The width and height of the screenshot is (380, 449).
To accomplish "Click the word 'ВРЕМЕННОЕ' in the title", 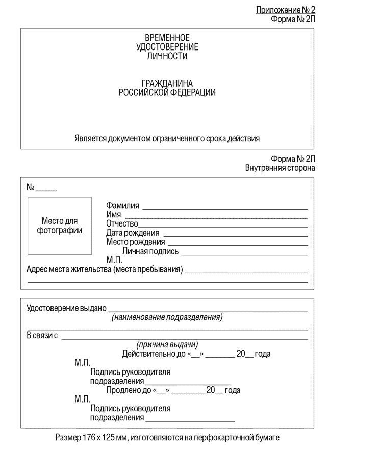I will click(167, 38).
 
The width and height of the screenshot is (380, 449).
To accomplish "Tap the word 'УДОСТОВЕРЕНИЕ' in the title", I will click(167, 47).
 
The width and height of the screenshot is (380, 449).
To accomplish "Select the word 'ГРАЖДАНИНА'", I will click(167, 84).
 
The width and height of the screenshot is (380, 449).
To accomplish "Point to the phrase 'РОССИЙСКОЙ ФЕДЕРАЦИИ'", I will click(167, 93).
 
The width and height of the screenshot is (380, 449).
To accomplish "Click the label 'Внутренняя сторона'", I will click(280, 167).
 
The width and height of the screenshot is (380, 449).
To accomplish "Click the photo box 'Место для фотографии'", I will click(60, 226).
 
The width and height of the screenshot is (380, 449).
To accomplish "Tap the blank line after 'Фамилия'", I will click(225, 208).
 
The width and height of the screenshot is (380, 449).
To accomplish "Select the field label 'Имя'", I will click(113, 214).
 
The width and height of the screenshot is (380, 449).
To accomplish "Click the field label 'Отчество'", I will click(122, 223).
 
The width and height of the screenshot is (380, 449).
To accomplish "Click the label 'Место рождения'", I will click(135, 242).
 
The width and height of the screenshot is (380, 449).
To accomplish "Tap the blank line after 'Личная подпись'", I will click(244, 253).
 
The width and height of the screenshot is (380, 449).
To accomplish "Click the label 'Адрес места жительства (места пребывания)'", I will click(104, 269).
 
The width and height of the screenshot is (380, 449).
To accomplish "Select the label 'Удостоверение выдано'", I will click(66, 308).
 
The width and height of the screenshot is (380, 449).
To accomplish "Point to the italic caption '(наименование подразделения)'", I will click(167, 317).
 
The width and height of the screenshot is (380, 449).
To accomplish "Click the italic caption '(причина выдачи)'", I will click(167, 344).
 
